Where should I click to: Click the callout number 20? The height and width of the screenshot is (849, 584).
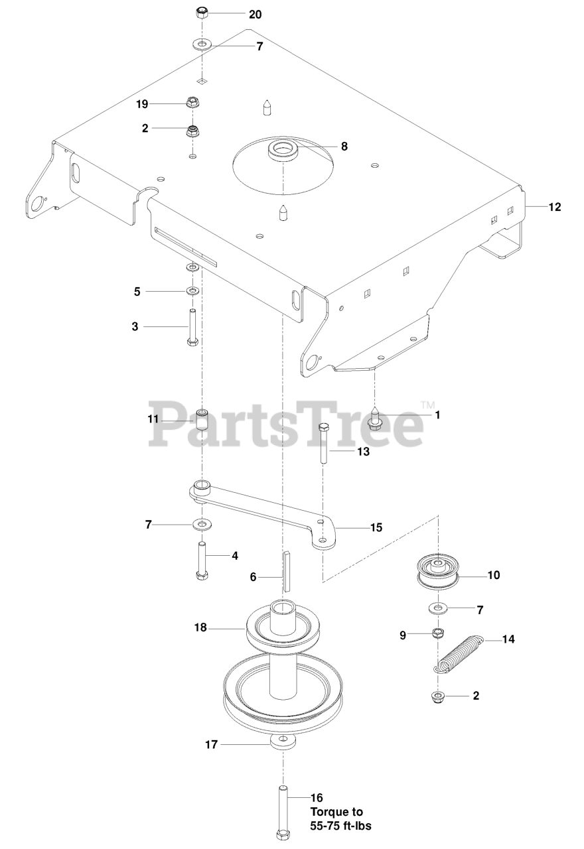(x=255, y=14)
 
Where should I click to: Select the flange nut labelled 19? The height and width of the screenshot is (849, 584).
(x=194, y=103)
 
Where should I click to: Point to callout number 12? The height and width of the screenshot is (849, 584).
(x=554, y=207)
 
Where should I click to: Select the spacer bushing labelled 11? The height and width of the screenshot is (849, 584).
(x=202, y=420)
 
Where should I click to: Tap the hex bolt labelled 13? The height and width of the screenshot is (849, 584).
(x=324, y=445)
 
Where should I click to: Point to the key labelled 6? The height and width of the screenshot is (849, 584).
(x=287, y=570)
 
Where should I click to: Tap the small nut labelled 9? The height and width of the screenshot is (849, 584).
(x=437, y=633)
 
